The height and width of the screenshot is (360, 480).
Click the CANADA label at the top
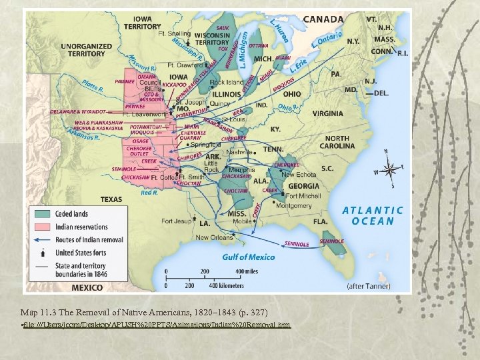[x=324, y=19]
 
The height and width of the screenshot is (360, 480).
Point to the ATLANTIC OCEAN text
[x=373, y=215]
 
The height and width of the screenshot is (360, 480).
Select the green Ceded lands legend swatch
[x=43, y=213]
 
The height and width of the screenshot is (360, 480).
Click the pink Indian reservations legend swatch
[x=43, y=227]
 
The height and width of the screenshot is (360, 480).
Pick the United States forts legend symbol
[x=43, y=253]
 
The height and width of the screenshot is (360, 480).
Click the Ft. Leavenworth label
[x=143, y=115]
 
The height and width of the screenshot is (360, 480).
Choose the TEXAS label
[x=111, y=199]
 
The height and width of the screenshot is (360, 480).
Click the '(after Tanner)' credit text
[x=369, y=286]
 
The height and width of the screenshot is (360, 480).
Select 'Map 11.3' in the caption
[x=38, y=311]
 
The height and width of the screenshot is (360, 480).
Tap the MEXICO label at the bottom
[x=87, y=287]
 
